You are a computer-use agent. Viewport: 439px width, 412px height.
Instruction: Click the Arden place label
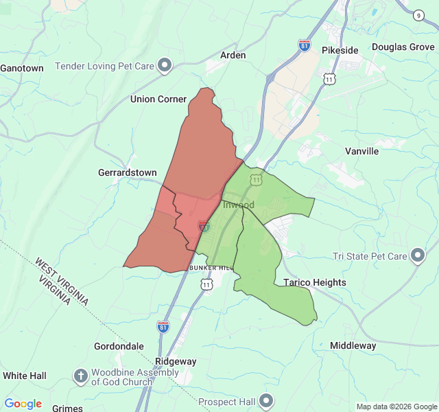coord(233,55)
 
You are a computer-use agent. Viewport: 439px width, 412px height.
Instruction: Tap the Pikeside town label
coord(340,50)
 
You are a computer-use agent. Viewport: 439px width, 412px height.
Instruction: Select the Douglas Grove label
coord(403,47)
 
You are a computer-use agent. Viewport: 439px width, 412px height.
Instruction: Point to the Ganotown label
coord(22,68)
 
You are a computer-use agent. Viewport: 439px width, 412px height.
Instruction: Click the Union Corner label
coord(158,99)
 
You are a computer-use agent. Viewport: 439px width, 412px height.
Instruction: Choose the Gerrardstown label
coord(128,172)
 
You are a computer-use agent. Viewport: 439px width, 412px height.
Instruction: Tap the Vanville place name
coord(361,151)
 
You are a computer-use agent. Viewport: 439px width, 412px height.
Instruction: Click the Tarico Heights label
coord(315,282)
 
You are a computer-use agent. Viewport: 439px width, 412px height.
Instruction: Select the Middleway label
coord(353,345)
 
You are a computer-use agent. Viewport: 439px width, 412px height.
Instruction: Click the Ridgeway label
coord(176,361)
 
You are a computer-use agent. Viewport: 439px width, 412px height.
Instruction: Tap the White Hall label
coord(25,376)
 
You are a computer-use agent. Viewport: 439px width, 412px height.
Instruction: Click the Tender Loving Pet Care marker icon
coord(165,66)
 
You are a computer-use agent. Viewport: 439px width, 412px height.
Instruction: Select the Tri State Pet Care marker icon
coord(418,256)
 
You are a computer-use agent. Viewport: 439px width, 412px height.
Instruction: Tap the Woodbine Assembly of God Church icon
coord(81,376)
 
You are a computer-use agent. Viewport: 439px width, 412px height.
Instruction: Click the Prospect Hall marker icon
coord(266,400)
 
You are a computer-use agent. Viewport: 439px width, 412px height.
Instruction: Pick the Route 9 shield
coord(419,15)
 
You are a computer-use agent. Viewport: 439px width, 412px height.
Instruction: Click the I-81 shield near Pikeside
coord(305,45)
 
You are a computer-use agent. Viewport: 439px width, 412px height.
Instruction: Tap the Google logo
coord(23,404)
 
